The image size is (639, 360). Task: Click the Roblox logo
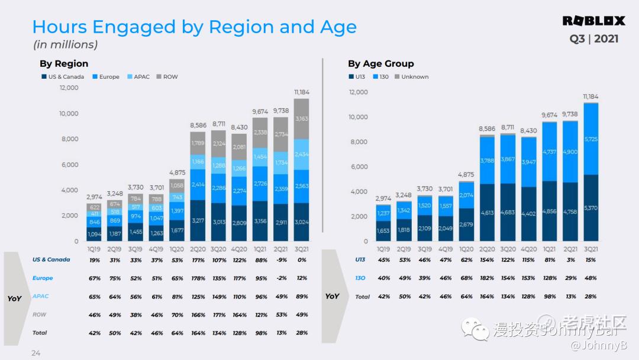tap(593, 21)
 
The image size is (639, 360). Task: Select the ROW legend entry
tap(170, 77)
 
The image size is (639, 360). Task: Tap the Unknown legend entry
tap(415, 77)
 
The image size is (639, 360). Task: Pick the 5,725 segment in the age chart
tap(590, 139)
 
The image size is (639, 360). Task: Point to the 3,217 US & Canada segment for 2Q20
tap(198, 220)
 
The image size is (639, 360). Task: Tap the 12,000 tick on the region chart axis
tap(69, 88)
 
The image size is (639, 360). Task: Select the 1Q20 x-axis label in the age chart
tap(466, 250)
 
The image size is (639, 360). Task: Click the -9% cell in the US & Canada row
tap(282, 259)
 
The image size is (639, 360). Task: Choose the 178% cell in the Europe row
tap(198, 278)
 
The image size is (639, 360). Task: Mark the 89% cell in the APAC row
tap(302, 297)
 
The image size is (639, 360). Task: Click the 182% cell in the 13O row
tap(487, 278)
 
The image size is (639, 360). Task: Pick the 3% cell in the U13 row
tap(570, 259)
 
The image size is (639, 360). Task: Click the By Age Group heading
tap(380, 63)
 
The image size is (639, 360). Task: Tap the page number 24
tap(35, 353)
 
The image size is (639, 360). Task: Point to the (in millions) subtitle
tap(65, 45)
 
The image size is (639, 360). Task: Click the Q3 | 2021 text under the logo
tap(594, 39)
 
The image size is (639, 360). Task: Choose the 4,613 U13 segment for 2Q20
tap(487, 212)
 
